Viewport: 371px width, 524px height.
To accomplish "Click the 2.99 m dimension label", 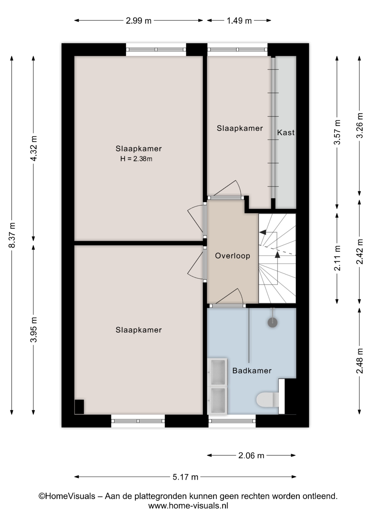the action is (x=139, y=21).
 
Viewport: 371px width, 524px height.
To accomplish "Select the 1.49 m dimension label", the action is (x=239, y=21).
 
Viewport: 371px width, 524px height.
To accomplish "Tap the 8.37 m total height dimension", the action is (x=12, y=235).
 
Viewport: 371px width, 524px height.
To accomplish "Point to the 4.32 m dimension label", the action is (x=34, y=148).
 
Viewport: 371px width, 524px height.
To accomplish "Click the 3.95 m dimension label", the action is (x=34, y=329).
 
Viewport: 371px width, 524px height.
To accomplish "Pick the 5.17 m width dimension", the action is (x=185, y=477).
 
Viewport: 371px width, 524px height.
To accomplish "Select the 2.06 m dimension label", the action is (x=251, y=455).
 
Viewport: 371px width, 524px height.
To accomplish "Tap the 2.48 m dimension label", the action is (x=360, y=361).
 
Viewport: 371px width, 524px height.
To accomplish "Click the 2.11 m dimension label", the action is (x=337, y=258).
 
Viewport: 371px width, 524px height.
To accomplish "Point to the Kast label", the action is (x=286, y=133).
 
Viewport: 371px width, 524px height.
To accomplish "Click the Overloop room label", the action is (x=232, y=256).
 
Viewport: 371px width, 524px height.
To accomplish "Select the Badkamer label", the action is (x=252, y=371).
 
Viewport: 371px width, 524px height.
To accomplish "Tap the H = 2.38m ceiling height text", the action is (x=136, y=159).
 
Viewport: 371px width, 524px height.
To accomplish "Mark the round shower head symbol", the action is (x=272, y=322).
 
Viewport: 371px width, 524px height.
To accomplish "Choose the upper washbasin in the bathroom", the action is (x=217, y=372).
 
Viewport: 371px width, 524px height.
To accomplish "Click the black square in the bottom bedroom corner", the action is (x=79, y=407).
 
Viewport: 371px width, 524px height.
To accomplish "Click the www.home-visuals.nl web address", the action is (x=188, y=506).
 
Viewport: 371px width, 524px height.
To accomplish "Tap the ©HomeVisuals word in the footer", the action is (x=67, y=496).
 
